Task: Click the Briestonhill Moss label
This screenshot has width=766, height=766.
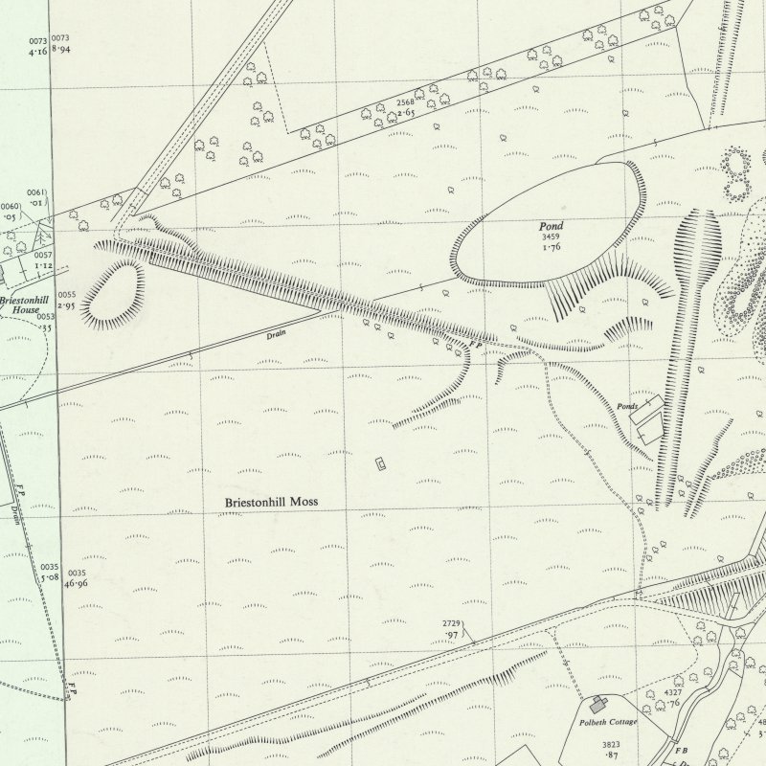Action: (271, 502)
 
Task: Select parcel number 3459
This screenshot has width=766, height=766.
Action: (549, 237)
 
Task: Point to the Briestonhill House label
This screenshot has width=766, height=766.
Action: (19, 304)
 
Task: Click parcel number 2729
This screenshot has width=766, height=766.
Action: (453, 624)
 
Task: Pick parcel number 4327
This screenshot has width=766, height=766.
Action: (674, 692)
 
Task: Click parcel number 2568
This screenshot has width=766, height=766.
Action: (408, 101)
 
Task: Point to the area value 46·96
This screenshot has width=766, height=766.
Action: (78, 582)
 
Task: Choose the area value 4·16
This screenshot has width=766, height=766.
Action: (38, 47)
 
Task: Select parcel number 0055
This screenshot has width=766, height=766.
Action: (66, 295)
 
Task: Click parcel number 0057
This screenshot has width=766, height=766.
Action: (42, 257)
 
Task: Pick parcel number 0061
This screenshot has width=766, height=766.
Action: (37, 192)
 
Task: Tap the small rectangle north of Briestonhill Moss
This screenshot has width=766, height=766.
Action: (381, 464)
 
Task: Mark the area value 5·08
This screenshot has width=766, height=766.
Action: (50, 577)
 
